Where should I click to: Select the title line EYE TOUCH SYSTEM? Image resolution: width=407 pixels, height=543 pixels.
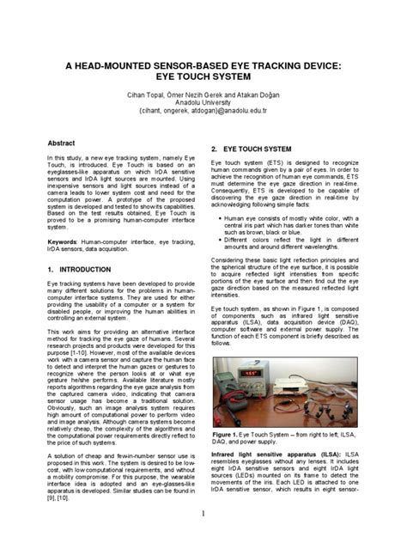pyautogui.click(x=203, y=82)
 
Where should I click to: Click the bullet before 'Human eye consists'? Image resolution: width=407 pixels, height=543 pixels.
pyautogui.click(x=221, y=219)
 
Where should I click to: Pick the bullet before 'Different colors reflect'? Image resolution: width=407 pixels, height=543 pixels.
pyautogui.click(x=221, y=240)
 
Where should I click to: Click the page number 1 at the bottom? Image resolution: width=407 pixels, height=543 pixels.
pyautogui.click(x=203, y=514)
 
